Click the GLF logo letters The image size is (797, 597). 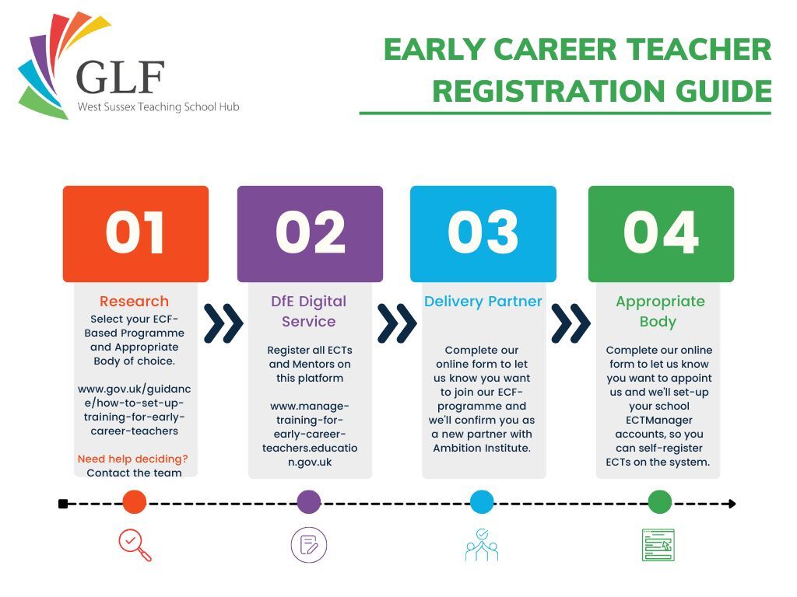[x=121, y=78]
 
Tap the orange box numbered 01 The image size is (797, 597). [x=135, y=233]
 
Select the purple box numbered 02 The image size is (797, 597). [x=310, y=233]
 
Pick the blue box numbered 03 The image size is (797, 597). [x=483, y=233]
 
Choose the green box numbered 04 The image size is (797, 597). [x=662, y=233]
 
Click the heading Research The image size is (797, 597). [x=134, y=301]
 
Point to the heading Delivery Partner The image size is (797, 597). [x=483, y=301]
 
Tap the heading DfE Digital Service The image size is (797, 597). [x=308, y=311]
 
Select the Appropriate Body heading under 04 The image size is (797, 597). [x=660, y=311]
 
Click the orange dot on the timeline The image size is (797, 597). [x=135, y=502]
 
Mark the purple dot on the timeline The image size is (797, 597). [x=308, y=502]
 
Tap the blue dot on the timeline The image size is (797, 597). [x=482, y=502]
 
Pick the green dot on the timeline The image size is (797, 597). [x=660, y=502]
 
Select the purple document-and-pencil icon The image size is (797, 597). [x=309, y=545]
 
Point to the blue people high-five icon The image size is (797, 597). [x=482, y=545]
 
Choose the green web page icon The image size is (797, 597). [x=658, y=545]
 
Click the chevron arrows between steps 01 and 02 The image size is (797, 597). [x=223, y=323]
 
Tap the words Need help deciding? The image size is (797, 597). [x=132, y=459]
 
